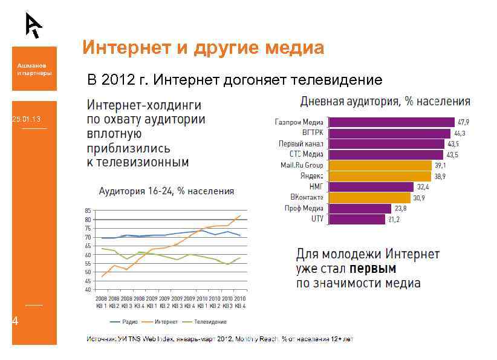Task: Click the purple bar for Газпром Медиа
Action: click(391, 122)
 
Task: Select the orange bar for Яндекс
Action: click(379, 176)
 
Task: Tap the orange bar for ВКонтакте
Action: click(369, 197)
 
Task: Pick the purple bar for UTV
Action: click(356, 219)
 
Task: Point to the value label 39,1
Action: click(441, 165)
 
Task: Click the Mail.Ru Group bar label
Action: click(301, 165)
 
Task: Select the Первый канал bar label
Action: click(300, 144)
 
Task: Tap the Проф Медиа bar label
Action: click(304, 208)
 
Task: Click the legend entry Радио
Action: click(123, 321)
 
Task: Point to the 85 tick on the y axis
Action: click(88, 211)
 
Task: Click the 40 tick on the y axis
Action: click(88, 290)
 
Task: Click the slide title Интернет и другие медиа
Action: click(203, 47)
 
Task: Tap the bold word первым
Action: click(372, 268)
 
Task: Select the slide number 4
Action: click(16, 321)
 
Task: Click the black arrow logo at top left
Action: click(34, 25)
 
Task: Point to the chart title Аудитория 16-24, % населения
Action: click(166, 191)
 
